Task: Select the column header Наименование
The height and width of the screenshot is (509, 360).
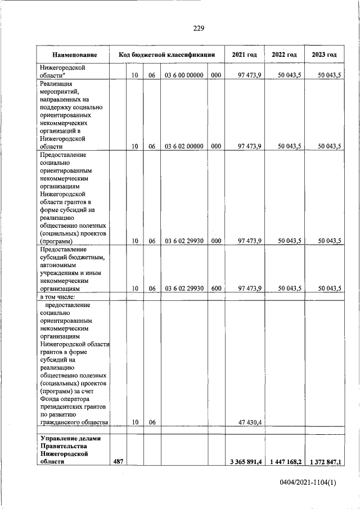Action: point(74,55)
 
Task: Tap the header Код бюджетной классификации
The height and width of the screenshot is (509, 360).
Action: point(167,55)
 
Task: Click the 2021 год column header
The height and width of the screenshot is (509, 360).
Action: point(244,55)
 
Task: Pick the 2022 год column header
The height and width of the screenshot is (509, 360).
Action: point(284,55)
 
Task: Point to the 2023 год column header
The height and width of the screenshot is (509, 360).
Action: point(324,55)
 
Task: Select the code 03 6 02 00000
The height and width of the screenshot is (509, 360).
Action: point(184,146)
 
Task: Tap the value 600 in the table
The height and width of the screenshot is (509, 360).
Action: point(216,289)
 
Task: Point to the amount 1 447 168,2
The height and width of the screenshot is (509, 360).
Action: point(285,462)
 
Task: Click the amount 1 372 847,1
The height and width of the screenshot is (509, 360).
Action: point(325,462)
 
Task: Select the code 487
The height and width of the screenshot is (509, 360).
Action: point(118,462)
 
